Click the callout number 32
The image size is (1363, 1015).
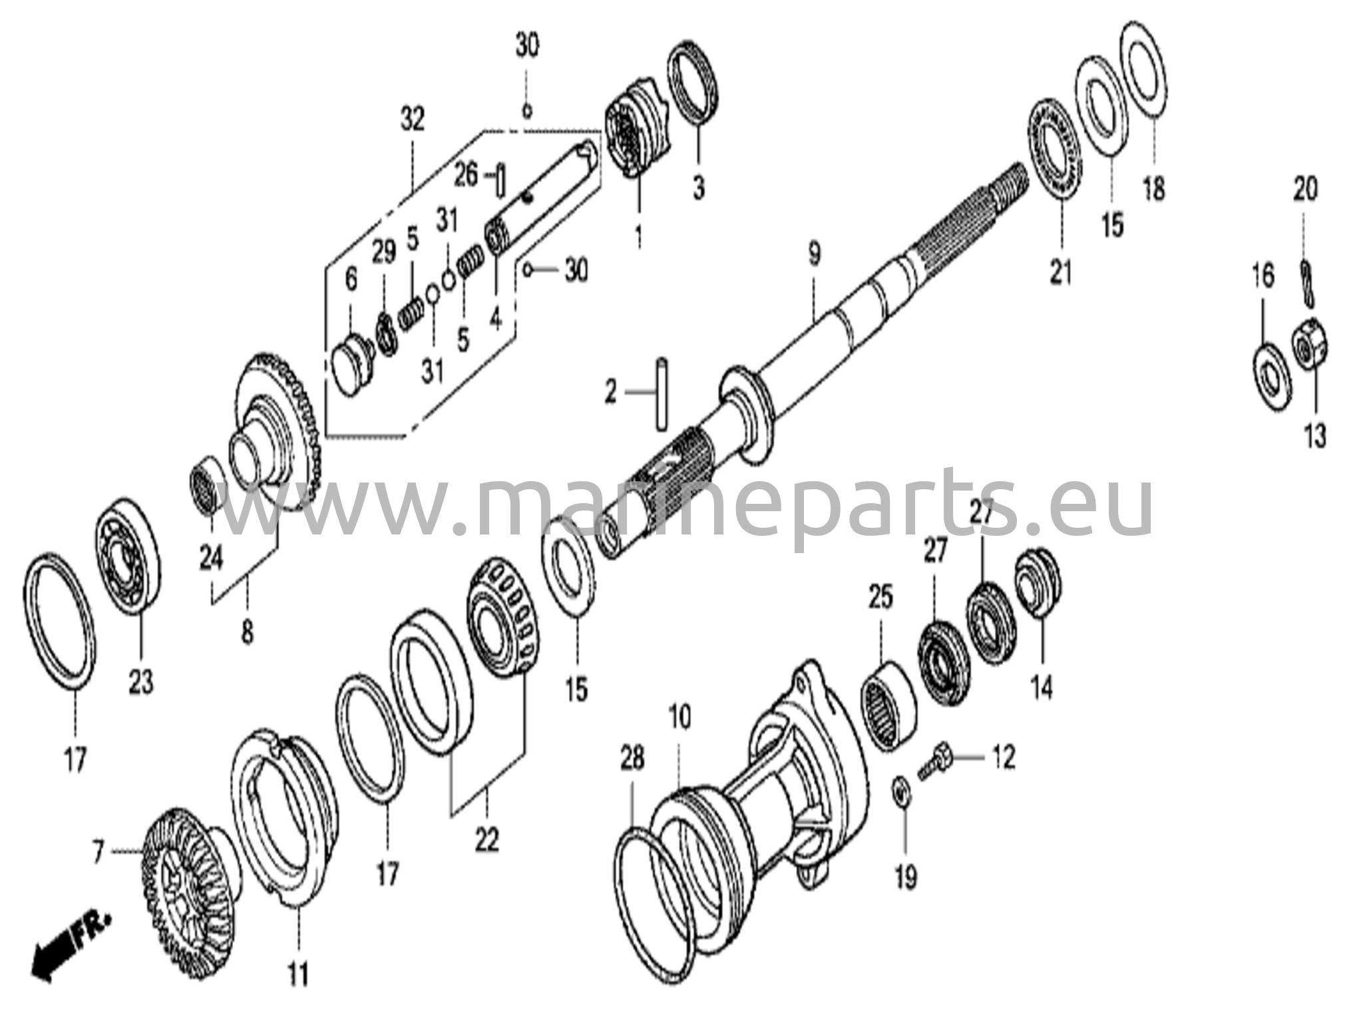(x=412, y=121)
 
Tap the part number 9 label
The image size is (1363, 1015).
(x=814, y=254)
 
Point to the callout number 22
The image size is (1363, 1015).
(x=487, y=841)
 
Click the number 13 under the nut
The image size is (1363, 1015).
(x=1315, y=437)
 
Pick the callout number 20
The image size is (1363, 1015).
(x=1305, y=190)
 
